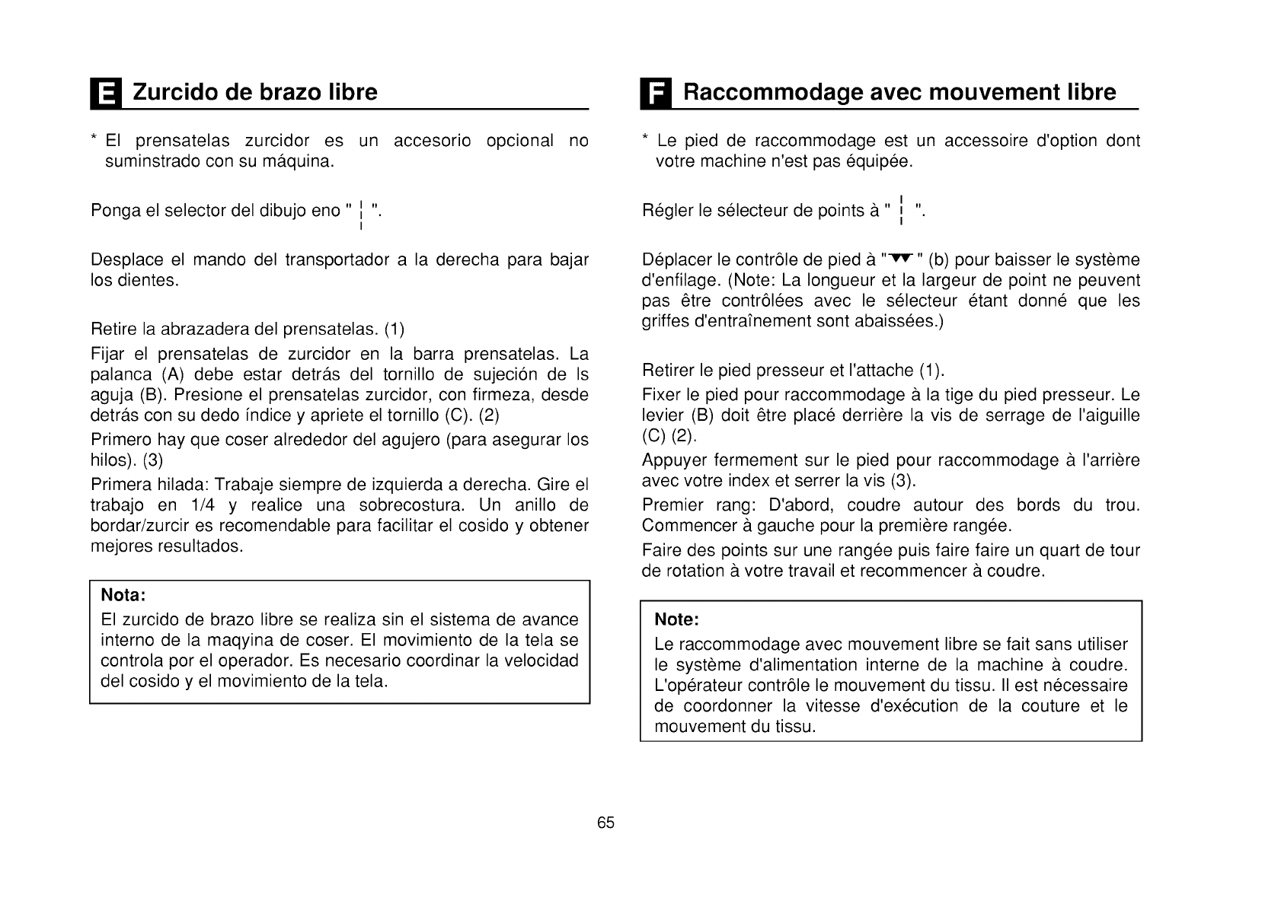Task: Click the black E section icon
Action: coord(105,94)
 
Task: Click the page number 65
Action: coord(605,823)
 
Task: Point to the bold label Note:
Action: coord(676,619)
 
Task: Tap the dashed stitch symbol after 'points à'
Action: coord(902,211)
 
